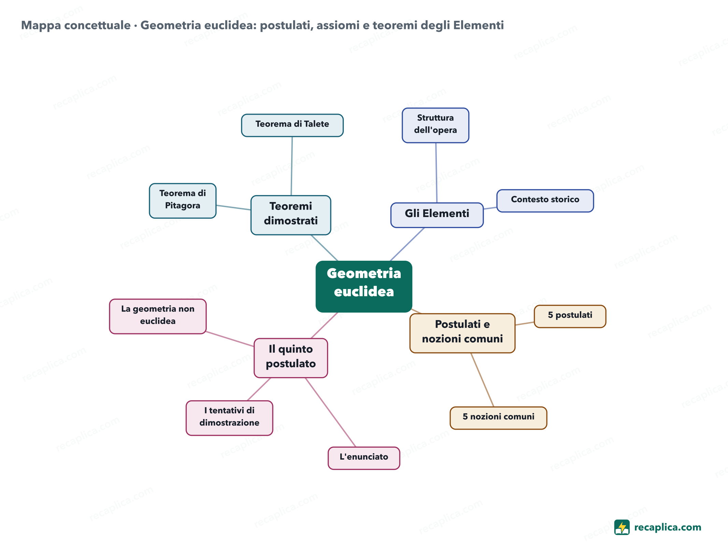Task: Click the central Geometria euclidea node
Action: tap(364, 286)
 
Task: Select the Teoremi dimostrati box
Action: tap(291, 215)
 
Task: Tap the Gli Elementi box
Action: tap(437, 215)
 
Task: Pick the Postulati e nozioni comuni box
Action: tap(462, 333)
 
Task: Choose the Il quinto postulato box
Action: tap(291, 358)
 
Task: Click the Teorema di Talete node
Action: tap(292, 125)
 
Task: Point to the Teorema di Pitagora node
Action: tap(183, 201)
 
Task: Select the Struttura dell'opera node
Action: tap(436, 125)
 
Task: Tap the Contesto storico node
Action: tap(545, 201)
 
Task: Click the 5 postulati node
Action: tap(570, 316)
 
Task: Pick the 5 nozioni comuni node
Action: tap(498, 418)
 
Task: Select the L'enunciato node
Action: tap(364, 458)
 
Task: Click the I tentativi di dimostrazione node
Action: tap(229, 418)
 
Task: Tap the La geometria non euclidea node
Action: tap(158, 316)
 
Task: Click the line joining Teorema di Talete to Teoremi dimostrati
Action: tap(291, 166)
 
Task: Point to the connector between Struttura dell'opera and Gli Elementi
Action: tap(436, 173)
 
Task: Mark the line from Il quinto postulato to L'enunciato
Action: tap(330, 412)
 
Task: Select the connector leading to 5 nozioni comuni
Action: tap(482, 380)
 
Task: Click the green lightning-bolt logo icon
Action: tap(622, 527)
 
